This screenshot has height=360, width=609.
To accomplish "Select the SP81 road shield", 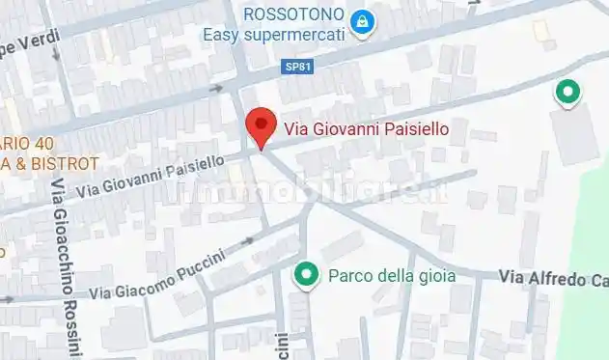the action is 297,67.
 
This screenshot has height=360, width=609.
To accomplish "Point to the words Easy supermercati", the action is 273,35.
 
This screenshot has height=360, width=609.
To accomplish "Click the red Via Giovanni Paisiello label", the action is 366,127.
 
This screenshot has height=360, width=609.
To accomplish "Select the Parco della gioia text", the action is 392,275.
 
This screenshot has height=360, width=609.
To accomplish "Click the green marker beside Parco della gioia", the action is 307,275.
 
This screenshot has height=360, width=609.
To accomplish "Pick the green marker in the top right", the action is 567,93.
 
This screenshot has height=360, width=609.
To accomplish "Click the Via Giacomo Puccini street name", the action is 158,275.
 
